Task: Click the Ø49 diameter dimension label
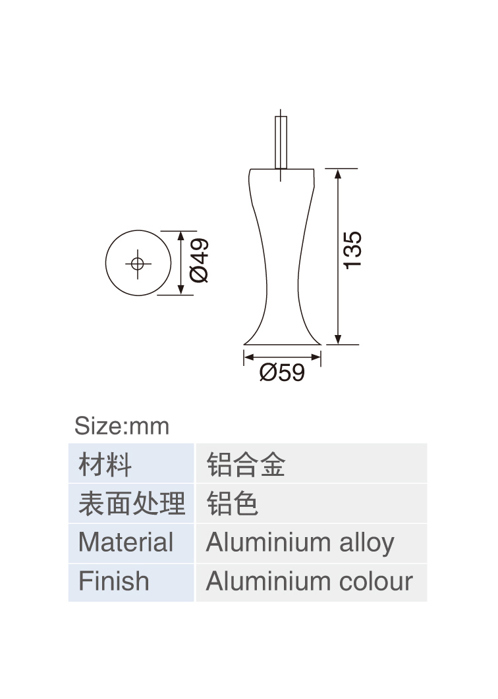[199, 261]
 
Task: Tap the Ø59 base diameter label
[282, 373]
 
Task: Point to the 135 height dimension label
[352, 250]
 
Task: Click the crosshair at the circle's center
[138, 264]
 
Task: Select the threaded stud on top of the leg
[281, 142]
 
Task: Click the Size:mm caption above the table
[122, 426]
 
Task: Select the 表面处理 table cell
[132, 504]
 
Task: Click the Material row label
[126, 542]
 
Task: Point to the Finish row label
[114, 581]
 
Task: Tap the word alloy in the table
[367, 544]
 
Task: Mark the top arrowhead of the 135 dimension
[338, 174]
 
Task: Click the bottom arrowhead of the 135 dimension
[338, 339]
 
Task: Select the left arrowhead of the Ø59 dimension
[249, 357]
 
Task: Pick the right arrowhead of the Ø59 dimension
[316, 357]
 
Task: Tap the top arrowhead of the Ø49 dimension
[180, 236]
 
